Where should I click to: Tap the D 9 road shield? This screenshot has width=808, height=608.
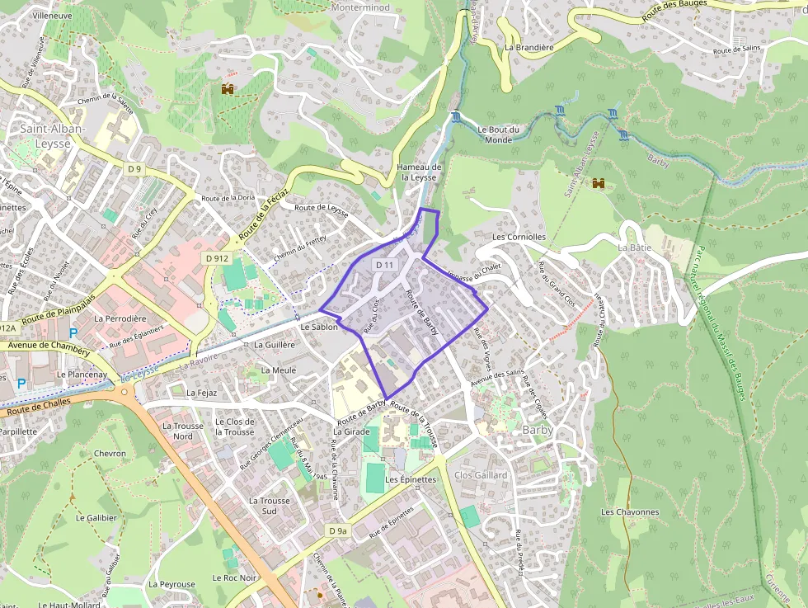tap(135, 168)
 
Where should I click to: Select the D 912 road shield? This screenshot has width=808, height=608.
tap(216, 258)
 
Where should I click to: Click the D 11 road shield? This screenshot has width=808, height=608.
tap(384, 265)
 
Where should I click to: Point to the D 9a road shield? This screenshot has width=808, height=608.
tap(337, 530)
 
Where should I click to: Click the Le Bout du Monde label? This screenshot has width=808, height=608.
tap(499, 134)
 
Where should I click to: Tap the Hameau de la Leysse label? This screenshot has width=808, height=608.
tap(418, 172)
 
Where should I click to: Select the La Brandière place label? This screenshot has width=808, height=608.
tap(528, 47)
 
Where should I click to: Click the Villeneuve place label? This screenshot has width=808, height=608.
tap(51, 15)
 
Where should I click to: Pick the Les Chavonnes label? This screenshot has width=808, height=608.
tap(630, 511)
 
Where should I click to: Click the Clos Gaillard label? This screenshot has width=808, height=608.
tap(481, 475)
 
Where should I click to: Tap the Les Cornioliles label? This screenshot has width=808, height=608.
tap(519, 237)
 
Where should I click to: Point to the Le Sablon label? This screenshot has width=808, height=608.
tap(320, 327)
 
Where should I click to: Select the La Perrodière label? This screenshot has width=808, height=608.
tap(120, 318)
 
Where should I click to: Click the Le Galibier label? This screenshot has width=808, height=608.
tap(96, 518)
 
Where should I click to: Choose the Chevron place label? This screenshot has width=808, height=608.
tap(110, 454)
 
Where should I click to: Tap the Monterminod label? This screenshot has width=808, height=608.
tap(359, 7)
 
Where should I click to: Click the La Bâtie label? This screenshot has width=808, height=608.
tap(634, 247)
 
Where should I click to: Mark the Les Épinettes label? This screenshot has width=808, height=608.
tap(411, 479)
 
